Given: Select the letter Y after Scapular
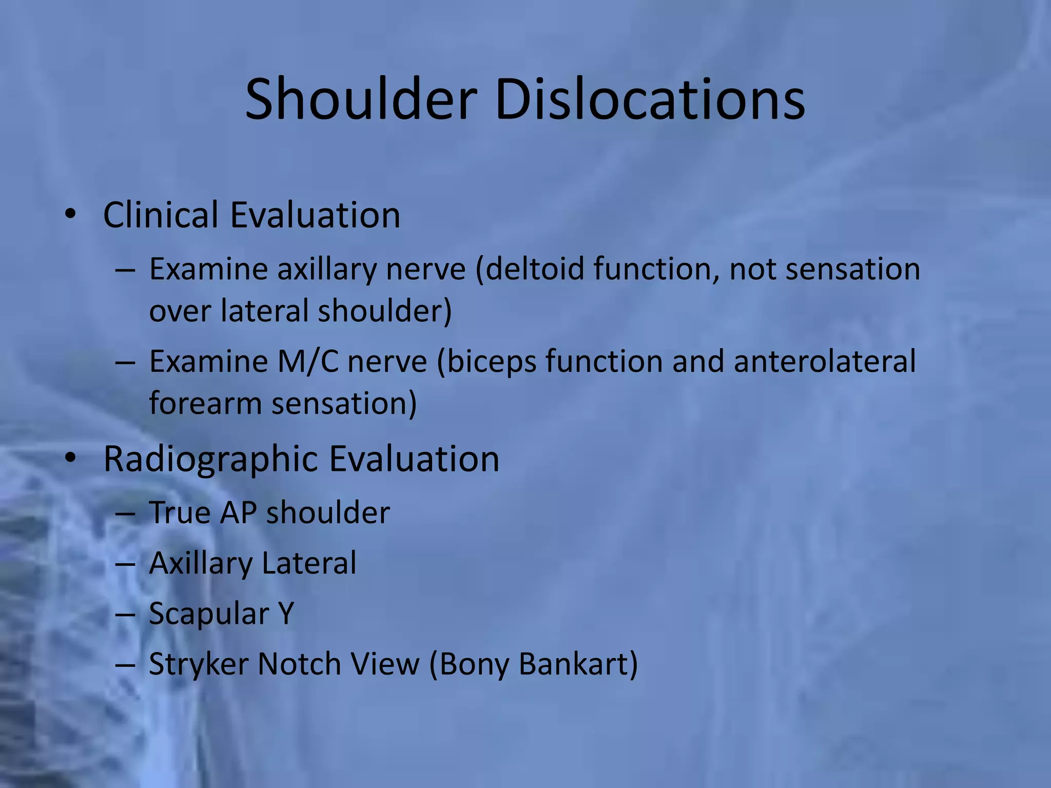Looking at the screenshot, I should (285, 613).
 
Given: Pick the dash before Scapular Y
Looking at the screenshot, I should (125, 614).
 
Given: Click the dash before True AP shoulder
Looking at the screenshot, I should (125, 514).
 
